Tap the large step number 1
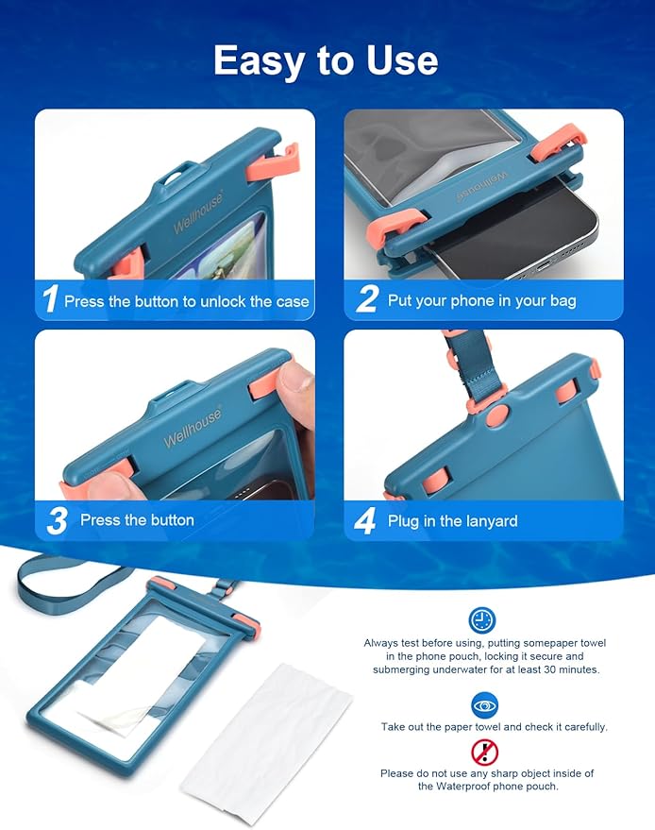tap(50, 299)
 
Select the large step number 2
tap(366, 299)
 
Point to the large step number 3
tap(56, 520)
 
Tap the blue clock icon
tap(482, 620)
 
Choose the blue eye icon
tap(484, 705)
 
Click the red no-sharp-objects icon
tap(484, 752)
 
